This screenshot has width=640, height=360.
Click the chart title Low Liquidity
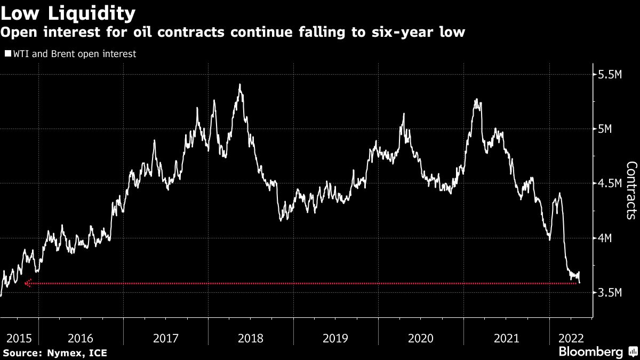68,12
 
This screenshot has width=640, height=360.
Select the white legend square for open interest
7,54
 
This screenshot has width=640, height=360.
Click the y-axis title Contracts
630,190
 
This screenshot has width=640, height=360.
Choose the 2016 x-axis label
81,338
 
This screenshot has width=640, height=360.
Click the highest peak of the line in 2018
240,84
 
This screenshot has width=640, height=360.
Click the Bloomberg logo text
590,351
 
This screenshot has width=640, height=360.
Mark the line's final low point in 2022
580,283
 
